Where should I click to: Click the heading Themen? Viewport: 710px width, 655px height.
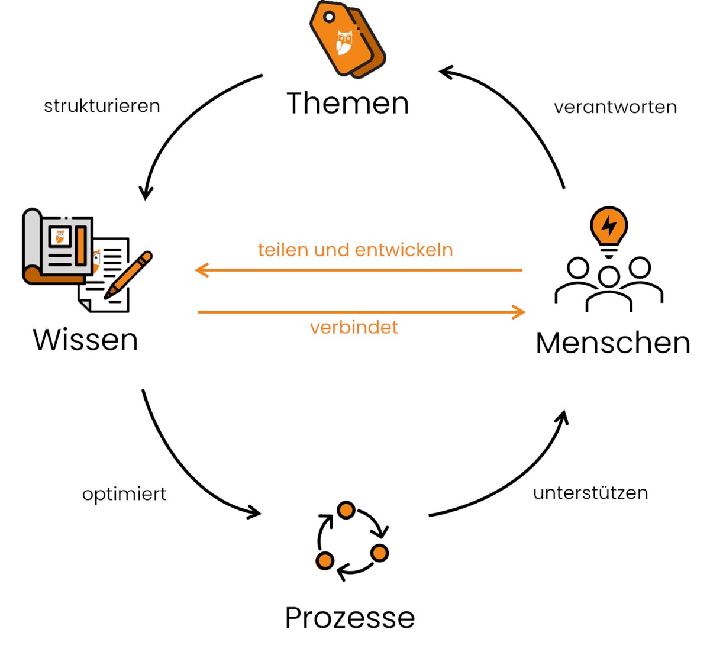[x=348, y=103]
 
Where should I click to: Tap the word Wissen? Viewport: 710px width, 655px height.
[x=85, y=340]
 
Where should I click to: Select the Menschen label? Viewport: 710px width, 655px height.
[x=612, y=343]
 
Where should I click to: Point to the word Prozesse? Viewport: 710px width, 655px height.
[x=350, y=618]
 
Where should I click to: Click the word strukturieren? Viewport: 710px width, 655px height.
[x=102, y=106]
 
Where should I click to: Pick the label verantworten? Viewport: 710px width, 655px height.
[x=615, y=107]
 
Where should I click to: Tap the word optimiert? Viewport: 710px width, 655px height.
[x=124, y=494]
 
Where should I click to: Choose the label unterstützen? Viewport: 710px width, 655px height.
[x=590, y=493]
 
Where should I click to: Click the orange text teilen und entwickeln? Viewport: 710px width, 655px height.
[x=355, y=250]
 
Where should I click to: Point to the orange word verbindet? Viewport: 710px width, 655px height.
[x=354, y=327]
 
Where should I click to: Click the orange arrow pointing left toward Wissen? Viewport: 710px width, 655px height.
[x=358, y=270]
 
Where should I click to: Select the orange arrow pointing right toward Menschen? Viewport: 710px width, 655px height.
[x=361, y=312]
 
